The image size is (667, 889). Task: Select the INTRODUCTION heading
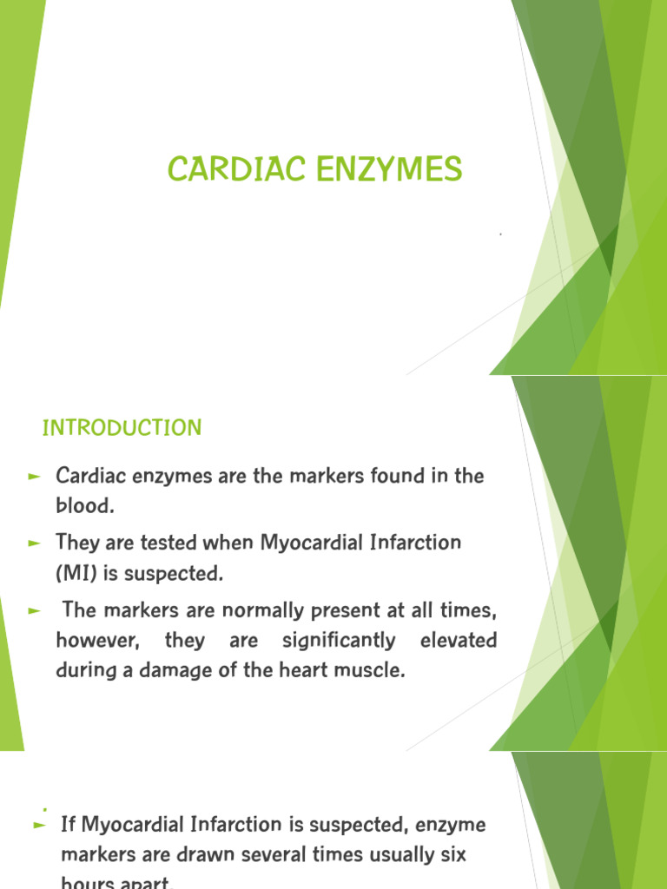tap(122, 428)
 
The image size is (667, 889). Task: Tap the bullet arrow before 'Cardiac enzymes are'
tap(35, 477)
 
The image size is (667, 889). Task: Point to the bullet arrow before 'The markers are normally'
tap(35, 611)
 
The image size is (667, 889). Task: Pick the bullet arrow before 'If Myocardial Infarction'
tap(38, 826)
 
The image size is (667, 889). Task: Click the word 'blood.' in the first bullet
tap(85, 506)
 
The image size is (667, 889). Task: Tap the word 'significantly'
tap(338, 641)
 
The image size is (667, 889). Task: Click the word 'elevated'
tap(459, 641)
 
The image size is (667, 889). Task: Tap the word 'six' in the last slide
tap(452, 855)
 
